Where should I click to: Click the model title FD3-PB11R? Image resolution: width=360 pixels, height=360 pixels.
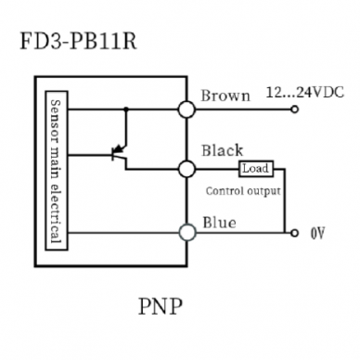pos(78,41)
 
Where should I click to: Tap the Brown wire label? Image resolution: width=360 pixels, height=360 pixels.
pos(225,96)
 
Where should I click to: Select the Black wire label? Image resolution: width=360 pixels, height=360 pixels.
pos(223,150)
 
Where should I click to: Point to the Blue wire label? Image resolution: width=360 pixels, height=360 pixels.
pos(219,223)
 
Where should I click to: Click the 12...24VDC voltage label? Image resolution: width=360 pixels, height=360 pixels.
pos(305,92)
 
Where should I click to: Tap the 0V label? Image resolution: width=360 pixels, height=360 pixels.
pos(317,233)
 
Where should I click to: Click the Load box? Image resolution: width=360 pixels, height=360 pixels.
pos(256,169)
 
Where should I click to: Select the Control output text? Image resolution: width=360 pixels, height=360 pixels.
pos(243,191)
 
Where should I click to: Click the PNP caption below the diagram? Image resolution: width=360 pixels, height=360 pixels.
pos(161,306)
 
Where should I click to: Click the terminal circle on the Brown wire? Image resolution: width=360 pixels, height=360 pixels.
pos(186,109)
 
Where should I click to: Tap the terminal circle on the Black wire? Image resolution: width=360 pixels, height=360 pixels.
pos(187,169)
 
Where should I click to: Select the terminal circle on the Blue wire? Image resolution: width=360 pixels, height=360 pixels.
pos(187,233)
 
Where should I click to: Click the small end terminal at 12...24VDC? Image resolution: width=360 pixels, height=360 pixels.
pos(295,109)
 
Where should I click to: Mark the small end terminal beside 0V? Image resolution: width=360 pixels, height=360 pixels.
pos(295,233)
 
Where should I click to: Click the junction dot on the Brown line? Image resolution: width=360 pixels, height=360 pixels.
pos(126,109)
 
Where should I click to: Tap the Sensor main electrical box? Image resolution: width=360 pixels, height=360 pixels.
pos(57,171)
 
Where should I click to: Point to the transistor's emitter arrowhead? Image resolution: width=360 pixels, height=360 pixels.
pos(118,150)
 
